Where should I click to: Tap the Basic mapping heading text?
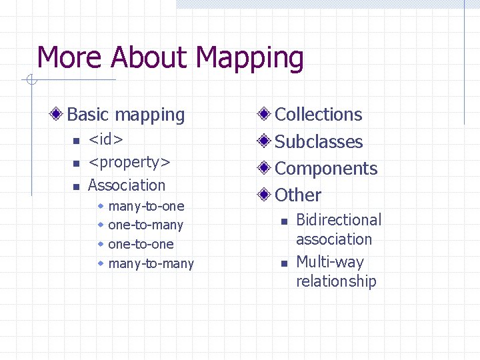pyautogui.click(x=126, y=115)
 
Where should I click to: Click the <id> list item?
pyautogui.click(x=105, y=139)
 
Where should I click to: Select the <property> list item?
pyautogui.click(x=129, y=162)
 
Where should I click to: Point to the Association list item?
pyautogui.click(x=127, y=185)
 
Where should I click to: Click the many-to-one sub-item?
pyautogui.click(x=146, y=206)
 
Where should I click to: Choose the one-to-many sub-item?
pyautogui.click(x=145, y=225)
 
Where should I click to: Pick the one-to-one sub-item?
pyautogui.click(x=141, y=244)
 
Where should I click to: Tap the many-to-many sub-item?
pyautogui.click(x=151, y=263)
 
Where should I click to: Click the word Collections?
pyautogui.click(x=319, y=115)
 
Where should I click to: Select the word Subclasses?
pyautogui.click(x=319, y=142)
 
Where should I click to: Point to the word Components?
pyautogui.click(x=326, y=169)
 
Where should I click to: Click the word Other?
pyautogui.click(x=298, y=195)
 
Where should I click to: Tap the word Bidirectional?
pyautogui.click(x=339, y=220)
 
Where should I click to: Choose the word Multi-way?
pyautogui.click(x=329, y=262)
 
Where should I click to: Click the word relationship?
pyautogui.click(x=336, y=281)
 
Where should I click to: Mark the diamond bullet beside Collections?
pyautogui.click(x=265, y=115)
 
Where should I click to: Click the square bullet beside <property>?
pyautogui.click(x=76, y=163)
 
